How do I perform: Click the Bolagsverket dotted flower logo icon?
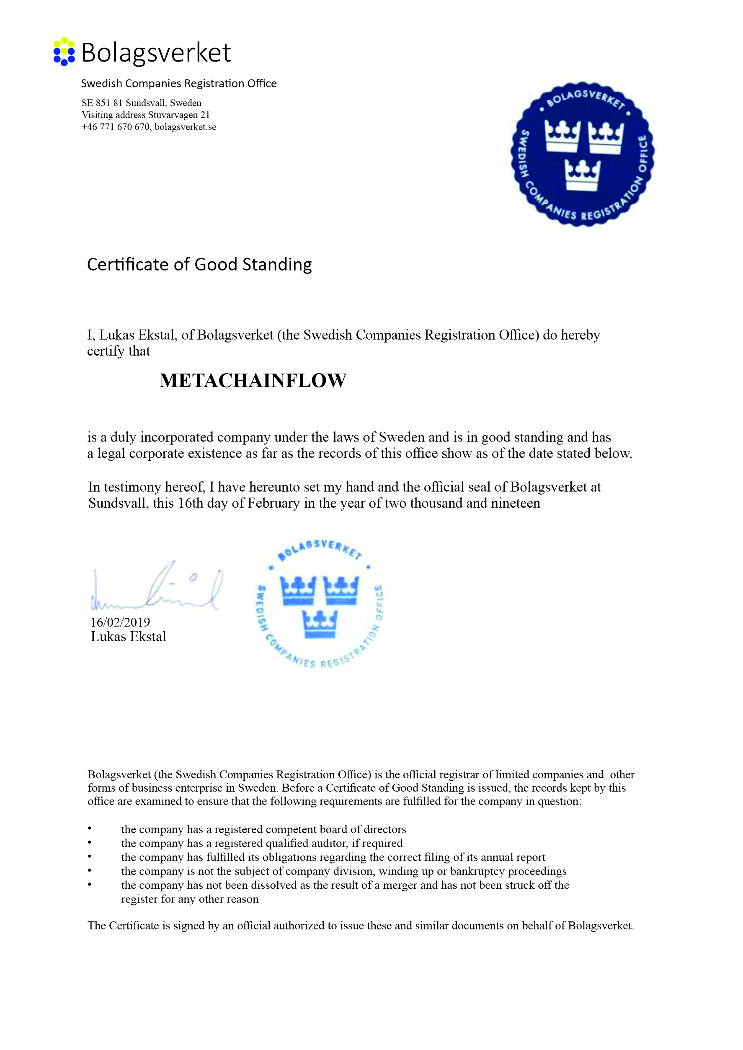pos(64,52)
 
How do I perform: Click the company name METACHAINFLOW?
pos(253,381)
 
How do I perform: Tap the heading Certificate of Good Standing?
pos(199,264)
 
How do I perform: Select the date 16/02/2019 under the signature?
pos(120,622)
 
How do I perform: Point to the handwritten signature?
pos(155,588)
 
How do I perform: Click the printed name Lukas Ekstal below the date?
pos(128,636)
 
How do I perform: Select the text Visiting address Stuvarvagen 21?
pos(145,115)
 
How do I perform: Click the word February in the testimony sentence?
pos(273,503)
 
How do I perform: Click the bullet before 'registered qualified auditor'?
pos(90,843)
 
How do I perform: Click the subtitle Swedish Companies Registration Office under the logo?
pos(179,83)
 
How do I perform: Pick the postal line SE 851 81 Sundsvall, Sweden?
pos(142,103)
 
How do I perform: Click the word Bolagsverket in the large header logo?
pos(157,53)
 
